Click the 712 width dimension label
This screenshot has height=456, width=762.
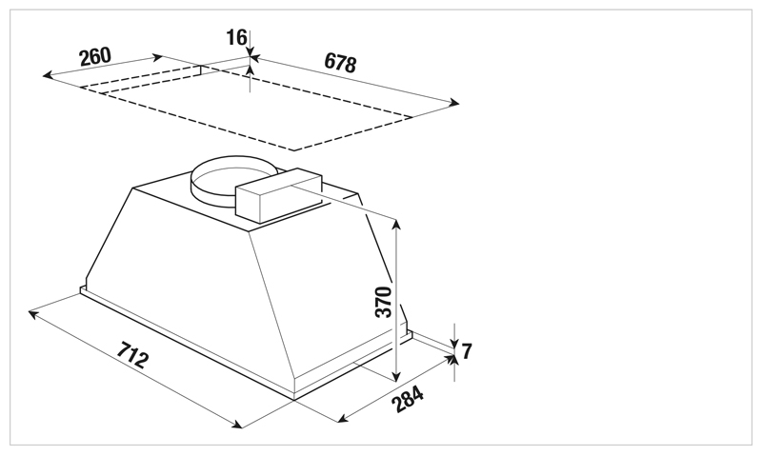click(132, 355)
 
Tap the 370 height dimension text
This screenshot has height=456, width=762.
click(384, 302)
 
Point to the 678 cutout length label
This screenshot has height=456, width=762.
click(340, 62)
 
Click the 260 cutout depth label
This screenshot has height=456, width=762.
click(95, 56)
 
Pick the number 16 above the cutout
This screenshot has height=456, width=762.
click(236, 37)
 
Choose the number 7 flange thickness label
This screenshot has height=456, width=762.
click(467, 350)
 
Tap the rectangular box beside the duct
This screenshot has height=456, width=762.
click(279, 195)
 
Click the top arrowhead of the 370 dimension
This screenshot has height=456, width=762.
click(396, 225)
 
